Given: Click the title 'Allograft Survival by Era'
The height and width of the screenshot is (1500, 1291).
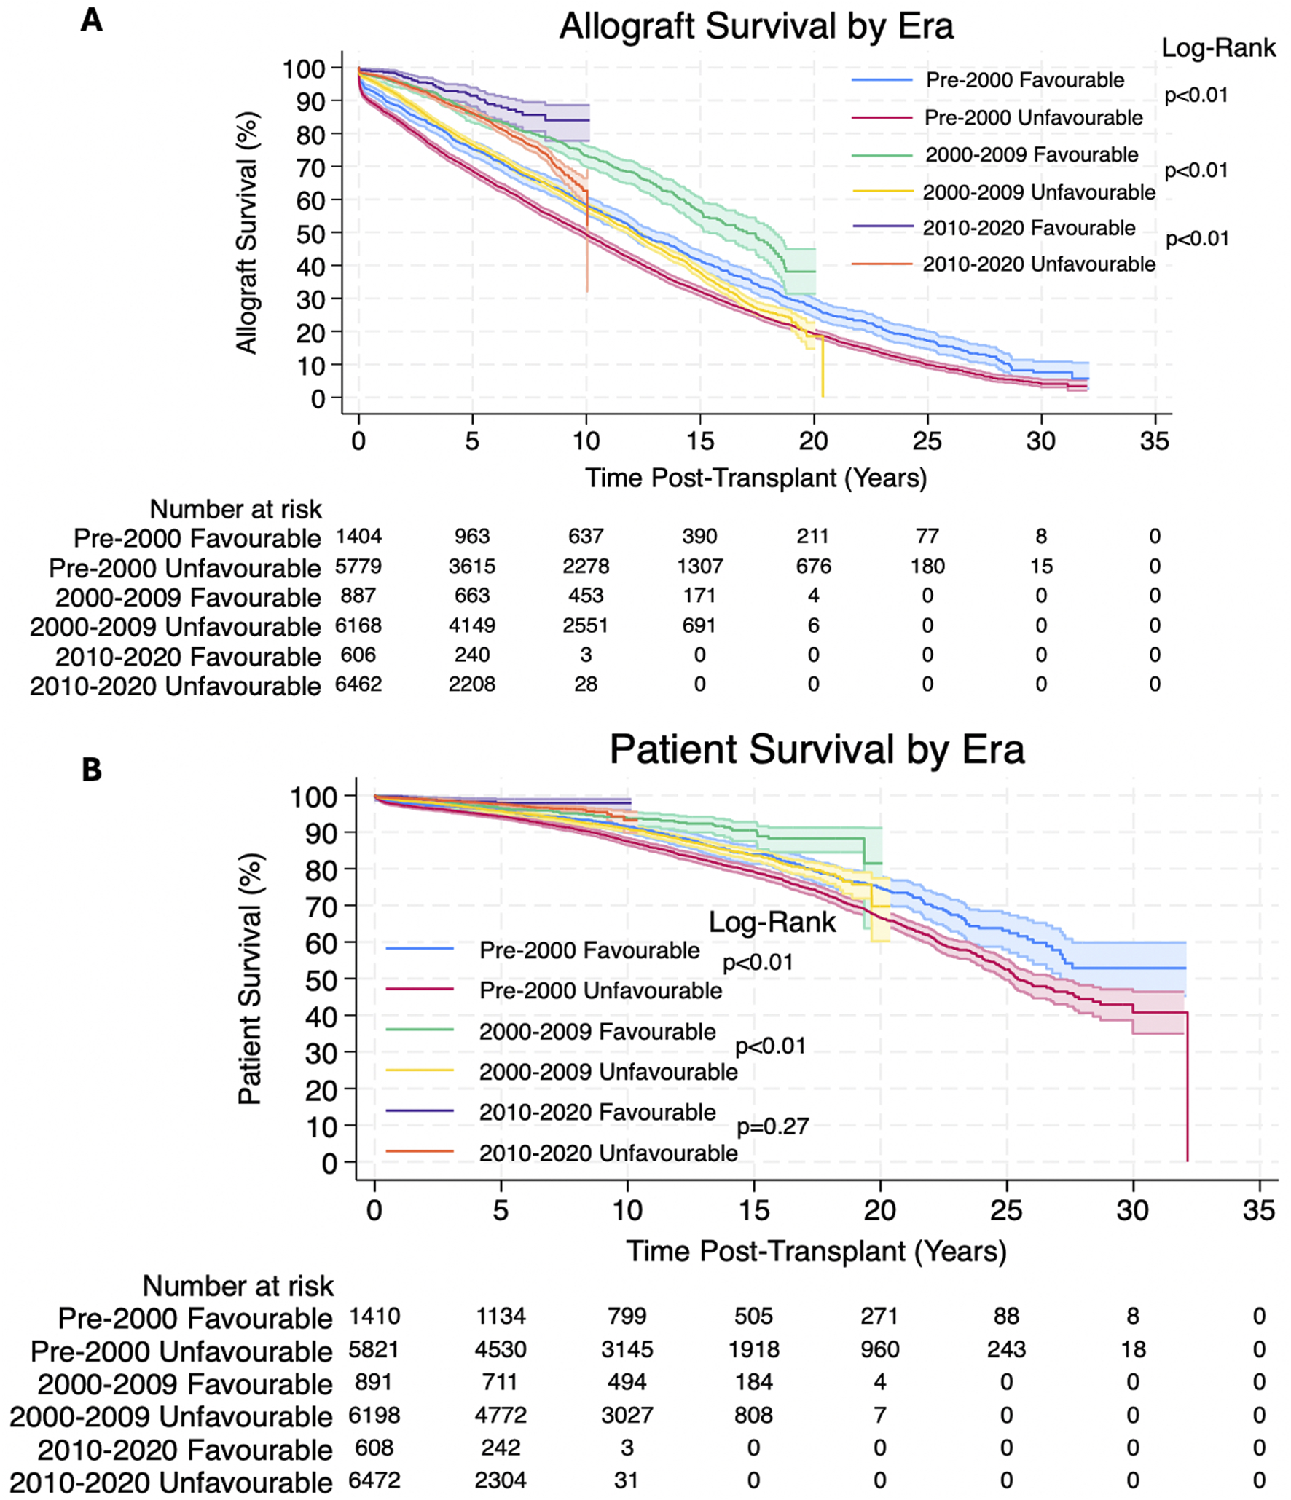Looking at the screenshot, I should coord(756,27).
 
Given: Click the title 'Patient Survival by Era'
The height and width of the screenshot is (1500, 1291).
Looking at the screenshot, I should coord(817,749).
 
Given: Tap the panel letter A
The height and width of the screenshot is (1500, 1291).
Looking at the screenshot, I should coord(92,20).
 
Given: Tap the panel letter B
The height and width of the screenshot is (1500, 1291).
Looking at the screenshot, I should coord(92,770).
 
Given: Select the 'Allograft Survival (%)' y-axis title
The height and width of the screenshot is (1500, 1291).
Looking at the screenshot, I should coord(248,233).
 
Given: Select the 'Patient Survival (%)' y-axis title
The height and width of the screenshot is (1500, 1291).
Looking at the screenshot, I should coord(250,979).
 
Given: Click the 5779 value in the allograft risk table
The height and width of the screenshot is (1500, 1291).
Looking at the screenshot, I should coord(358,567).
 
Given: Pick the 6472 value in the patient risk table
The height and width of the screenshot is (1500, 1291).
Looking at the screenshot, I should coord(374,1480).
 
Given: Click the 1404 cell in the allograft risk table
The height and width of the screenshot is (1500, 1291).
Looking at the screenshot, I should coord(358,537).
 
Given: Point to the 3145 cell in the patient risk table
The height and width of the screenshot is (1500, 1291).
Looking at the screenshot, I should coord(627,1349).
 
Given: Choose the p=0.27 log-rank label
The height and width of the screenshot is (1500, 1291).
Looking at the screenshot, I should coord(773,1126).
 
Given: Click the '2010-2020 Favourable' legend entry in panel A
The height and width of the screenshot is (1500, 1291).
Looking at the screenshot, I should coord(1029,228).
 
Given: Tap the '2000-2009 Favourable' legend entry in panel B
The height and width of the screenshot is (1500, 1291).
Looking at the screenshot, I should coord(597,1031).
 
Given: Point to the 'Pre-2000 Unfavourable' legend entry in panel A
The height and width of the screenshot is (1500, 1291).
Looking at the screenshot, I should coord(1033,117).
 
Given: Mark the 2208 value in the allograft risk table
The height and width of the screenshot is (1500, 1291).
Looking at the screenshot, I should coord(472,684).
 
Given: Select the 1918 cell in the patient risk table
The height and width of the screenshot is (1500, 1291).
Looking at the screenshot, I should coord(753,1349).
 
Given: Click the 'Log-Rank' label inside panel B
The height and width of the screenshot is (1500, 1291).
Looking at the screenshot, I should coord(772,923).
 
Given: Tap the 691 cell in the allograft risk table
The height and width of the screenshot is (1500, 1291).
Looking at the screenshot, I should coord(699,625).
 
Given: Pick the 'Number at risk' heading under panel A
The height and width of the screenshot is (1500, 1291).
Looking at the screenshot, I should coord(235,509).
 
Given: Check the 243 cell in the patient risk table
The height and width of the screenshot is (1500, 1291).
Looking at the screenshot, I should coord(1006,1349).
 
